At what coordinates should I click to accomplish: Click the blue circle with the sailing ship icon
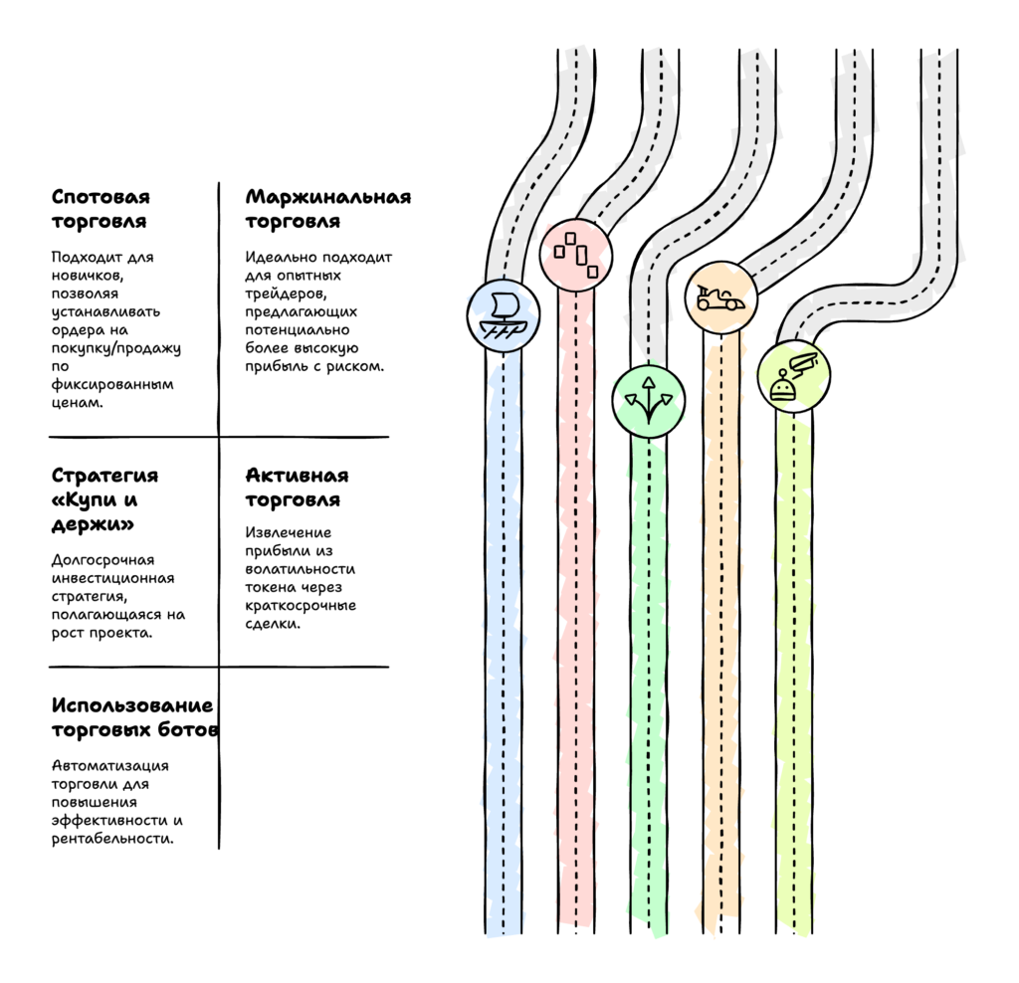(504, 316)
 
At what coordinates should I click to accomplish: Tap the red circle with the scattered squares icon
(576, 254)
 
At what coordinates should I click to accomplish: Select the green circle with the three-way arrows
(648, 401)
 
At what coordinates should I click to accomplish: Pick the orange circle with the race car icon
(721, 296)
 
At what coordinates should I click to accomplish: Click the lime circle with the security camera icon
(793, 376)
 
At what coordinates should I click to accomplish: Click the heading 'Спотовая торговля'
(100, 209)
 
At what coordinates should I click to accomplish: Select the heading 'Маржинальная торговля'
(327, 209)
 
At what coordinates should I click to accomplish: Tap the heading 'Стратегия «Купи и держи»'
(104, 499)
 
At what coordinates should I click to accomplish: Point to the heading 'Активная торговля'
(297, 488)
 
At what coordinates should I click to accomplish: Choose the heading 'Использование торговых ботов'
(133, 717)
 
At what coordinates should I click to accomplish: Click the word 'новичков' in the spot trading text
(89, 276)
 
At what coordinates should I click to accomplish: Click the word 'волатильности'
(300, 569)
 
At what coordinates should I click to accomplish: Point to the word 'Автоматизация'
(109, 765)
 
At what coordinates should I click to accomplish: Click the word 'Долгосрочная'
(102, 560)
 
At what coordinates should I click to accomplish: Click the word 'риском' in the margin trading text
(359, 366)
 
